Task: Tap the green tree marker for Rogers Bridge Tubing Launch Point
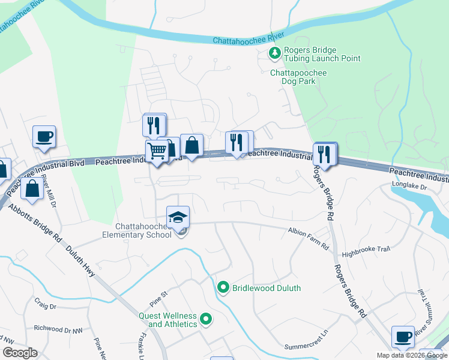275,54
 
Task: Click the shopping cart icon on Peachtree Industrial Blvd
157,151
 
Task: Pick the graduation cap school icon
177,217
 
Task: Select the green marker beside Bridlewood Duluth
223,288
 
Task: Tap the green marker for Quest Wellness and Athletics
206,319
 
